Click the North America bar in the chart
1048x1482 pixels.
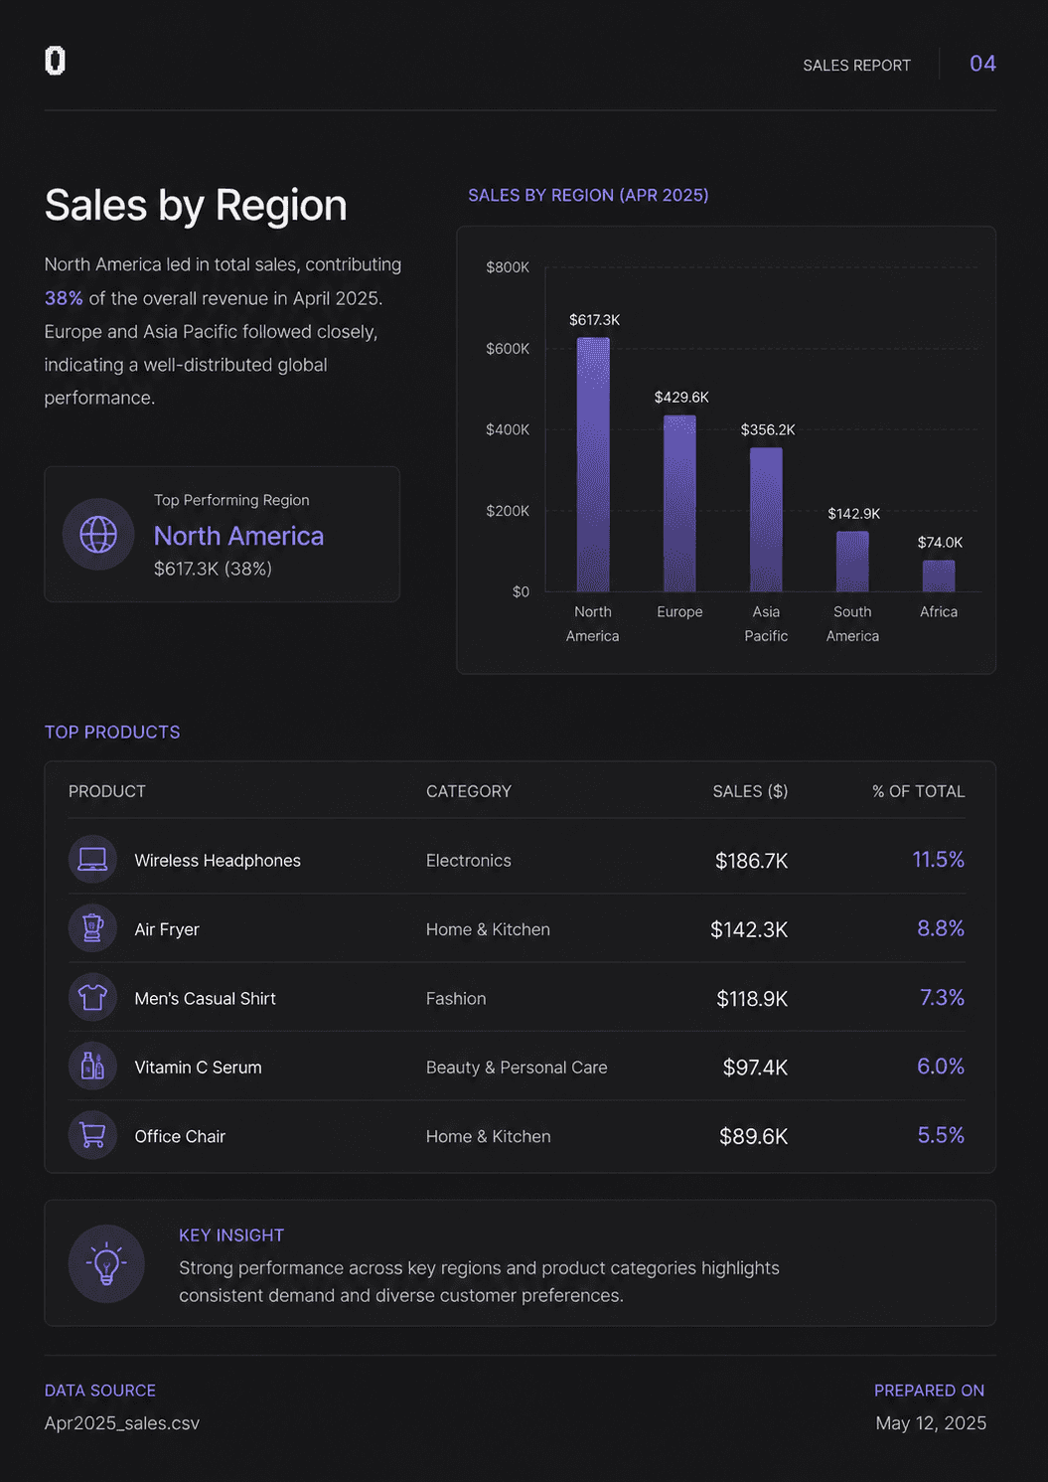click(x=593, y=464)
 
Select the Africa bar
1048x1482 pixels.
click(x=939, y=576)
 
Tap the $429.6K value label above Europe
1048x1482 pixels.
click(x=681, y=397)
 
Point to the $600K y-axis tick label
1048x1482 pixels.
click(x=508, y=349)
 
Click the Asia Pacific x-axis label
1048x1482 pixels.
click(x=766, y=624)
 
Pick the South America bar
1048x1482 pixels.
click(x=852, y=561)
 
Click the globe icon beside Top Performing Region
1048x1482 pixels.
click(x=98, y=534)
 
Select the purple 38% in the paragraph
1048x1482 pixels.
click(x=64, y=298)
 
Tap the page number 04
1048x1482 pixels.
click(x=982, y=64)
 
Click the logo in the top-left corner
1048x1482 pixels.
click(x=55, y=61)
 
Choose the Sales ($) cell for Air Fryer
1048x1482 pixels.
click(x=748, y=929)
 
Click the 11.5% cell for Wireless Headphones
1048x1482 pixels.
click(x=939, y=860)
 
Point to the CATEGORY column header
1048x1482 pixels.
click(x=468, y=791)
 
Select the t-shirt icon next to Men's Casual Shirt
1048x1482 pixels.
click(x=92, y=997)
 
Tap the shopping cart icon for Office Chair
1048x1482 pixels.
click(x=92, y=1135)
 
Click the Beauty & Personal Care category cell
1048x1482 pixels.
click(x=517, y=1068)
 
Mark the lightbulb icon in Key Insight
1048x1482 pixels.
click(x=106, y=1263)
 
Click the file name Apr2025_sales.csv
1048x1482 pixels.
click(x=121, y=1423)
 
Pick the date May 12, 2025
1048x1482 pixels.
click(x=931, y=1423)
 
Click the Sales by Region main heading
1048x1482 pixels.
click(x=196, y=205)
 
